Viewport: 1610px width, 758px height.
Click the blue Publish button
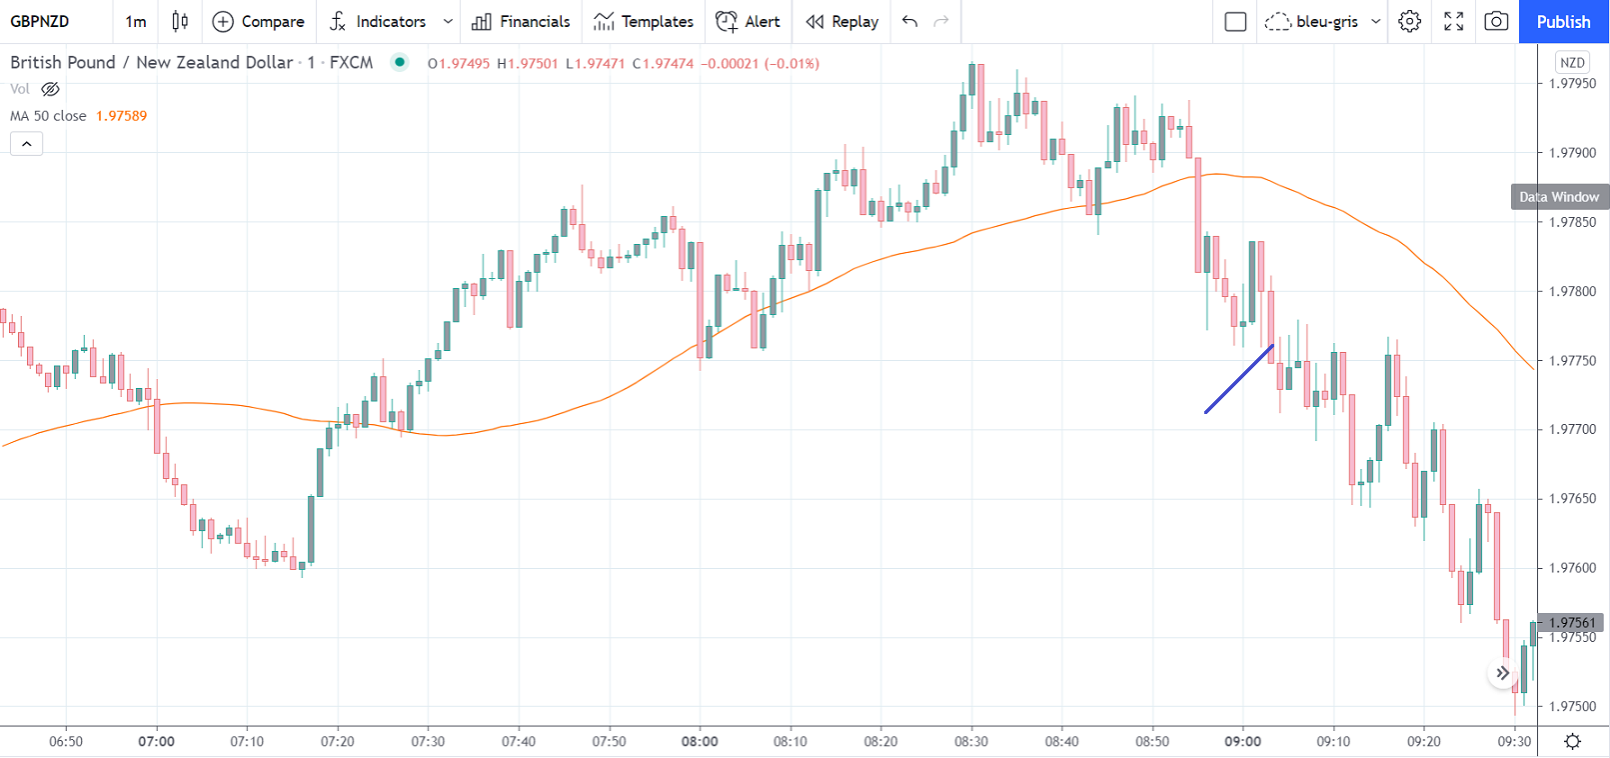click(1563, 21)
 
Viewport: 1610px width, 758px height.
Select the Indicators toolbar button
click(380, 21)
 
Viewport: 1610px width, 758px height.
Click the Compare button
click(259, 21)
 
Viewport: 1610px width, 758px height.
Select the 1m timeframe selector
click(135, 21)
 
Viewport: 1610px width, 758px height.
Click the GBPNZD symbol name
click(40, 21)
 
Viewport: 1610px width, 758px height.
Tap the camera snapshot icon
click(1496, 21)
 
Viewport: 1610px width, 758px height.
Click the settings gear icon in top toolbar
click(1409, 21)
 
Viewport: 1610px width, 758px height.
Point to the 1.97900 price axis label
click(1572, 153)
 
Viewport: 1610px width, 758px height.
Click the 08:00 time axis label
click(700, 741)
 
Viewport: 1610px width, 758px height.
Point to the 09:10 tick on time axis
click(1333, 741)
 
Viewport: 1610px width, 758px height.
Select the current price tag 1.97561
click(1572, 622)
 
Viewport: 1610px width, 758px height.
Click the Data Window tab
click(1559, 197)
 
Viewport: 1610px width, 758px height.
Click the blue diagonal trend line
click(1239, 378)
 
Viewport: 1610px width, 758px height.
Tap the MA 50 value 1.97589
click(121, 116)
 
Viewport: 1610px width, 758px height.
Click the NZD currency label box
click(1572, 62)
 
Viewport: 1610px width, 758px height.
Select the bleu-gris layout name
click(1326, 21)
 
